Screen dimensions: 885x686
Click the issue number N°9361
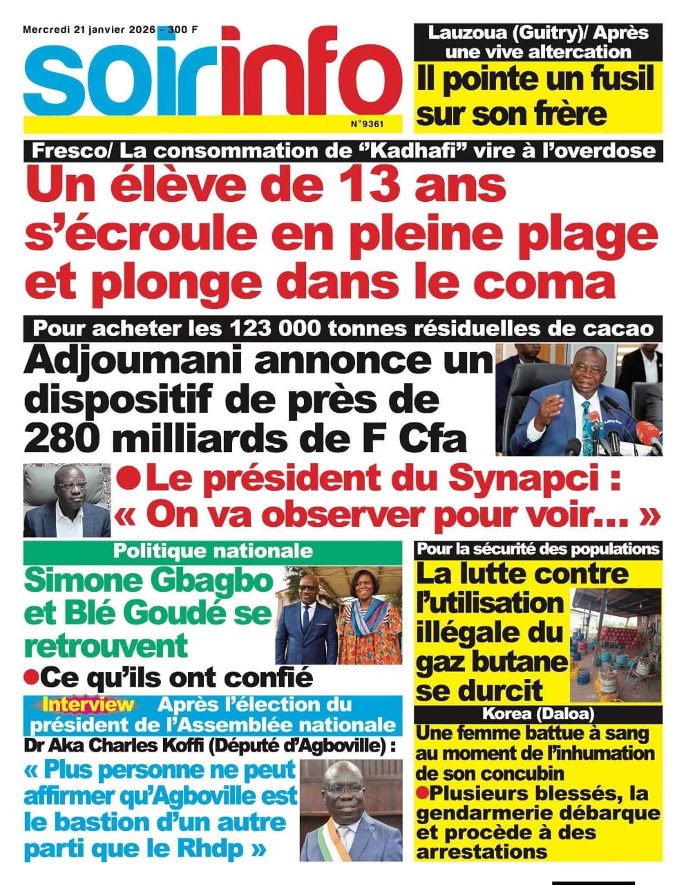pos(366,124)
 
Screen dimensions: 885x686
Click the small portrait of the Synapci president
pos(66,500)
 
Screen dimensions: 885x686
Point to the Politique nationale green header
pos(212,551)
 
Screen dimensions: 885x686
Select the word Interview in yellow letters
pos(88,705)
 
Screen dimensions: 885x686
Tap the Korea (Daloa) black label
pos(539,714)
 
